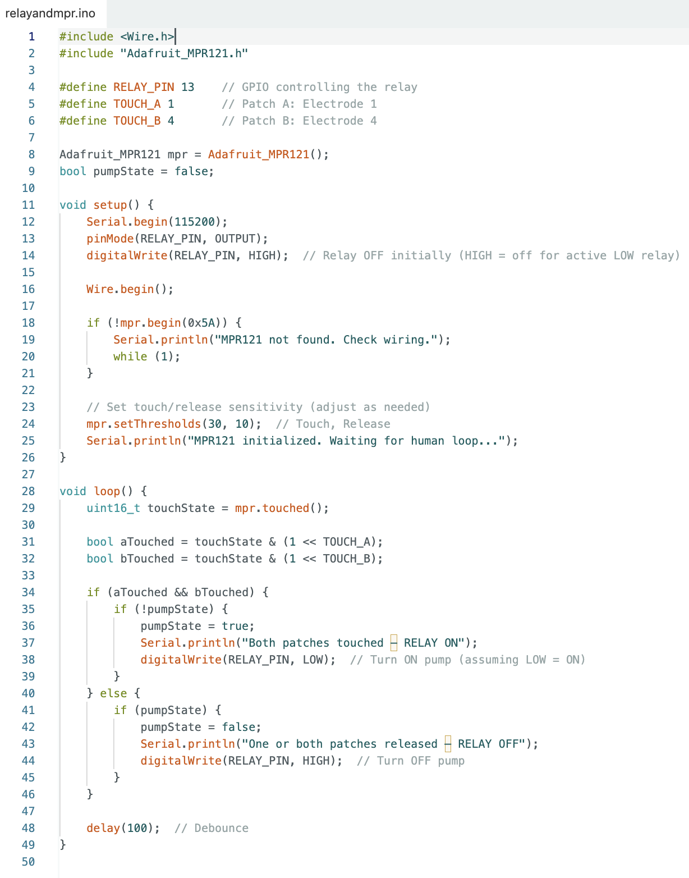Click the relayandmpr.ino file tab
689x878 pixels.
tap(50, 13)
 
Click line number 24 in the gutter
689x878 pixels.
tap(28, 424)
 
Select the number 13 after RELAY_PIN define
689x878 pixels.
tap(187, 87)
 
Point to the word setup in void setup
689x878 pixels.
tap(110, 205)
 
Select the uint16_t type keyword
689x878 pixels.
tap(113, 508)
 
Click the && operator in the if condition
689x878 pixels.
tap(181, 592)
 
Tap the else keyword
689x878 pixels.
tap(113, 693)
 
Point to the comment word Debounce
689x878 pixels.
tap(221, 828)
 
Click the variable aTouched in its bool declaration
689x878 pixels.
tap(147, 542)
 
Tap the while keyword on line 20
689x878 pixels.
tap(130, 356)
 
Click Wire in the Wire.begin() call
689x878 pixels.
tap(100, 289)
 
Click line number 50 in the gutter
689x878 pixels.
tap(28, 862)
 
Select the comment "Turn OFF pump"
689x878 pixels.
tap(411, 761)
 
